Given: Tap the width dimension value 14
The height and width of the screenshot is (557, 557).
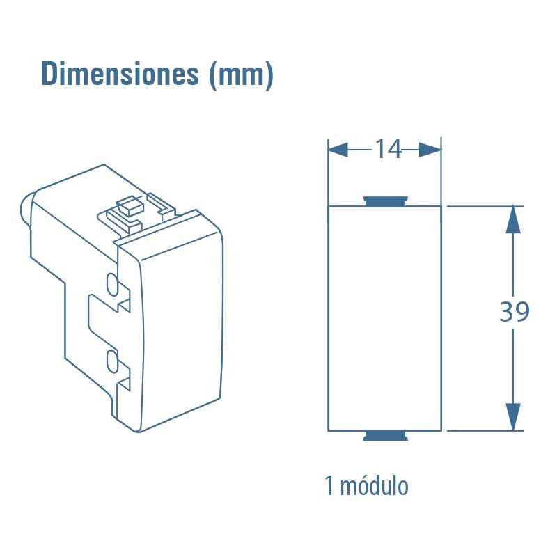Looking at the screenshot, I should [389, 149].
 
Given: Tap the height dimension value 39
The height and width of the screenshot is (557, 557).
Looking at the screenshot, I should [515, 313].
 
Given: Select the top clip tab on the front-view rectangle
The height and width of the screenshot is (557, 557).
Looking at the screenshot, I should [385, 202].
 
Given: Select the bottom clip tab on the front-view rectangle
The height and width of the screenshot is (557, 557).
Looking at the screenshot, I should [385, 437].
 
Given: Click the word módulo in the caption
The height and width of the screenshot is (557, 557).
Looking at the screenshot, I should [375, 486].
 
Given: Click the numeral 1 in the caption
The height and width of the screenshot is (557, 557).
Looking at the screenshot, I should [329, 486].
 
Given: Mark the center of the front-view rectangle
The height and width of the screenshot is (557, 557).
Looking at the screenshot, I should [384, 318].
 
